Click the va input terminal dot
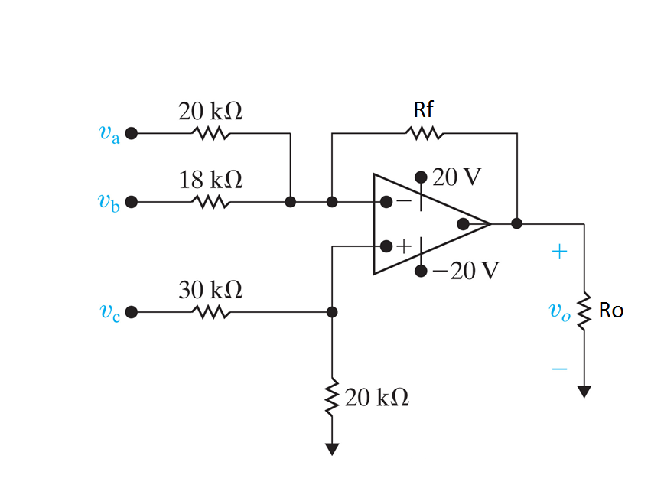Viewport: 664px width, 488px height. click(132, 133)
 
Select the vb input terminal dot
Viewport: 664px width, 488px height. click(132, 203)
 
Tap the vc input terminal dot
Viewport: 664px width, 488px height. click(132, 312)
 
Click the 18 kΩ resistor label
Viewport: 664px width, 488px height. click(210, 181)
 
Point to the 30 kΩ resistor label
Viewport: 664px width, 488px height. click(210, 290)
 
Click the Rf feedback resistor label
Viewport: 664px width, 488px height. click(424, 110)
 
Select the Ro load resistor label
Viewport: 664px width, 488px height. click(611, 311)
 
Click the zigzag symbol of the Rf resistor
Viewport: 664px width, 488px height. click(424, 134)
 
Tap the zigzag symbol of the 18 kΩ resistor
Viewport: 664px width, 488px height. click(210, 203)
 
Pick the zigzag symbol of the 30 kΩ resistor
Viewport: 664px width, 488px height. click(210, 312)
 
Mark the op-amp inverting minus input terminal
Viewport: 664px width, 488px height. click(387, 203)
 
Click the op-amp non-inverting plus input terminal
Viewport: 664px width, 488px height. click(387, 246)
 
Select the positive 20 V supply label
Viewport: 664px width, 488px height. click(457, 177)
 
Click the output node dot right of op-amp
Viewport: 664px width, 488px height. click(517, 224)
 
